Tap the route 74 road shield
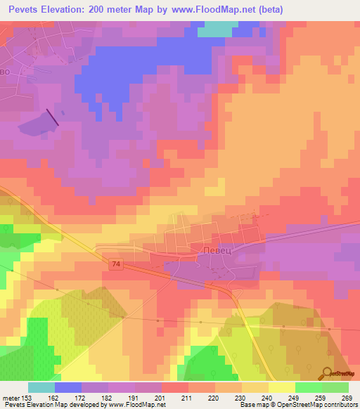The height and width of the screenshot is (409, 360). (x=115, y=264)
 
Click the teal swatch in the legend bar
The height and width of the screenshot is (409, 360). (x=41, y=387)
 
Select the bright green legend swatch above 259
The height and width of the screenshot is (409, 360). (x=308, y=387)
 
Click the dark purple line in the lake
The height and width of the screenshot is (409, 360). (x=53, y=117)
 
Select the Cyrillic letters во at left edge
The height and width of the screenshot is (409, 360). (x=5, y=72)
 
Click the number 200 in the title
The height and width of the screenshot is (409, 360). (x=98, y=10)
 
